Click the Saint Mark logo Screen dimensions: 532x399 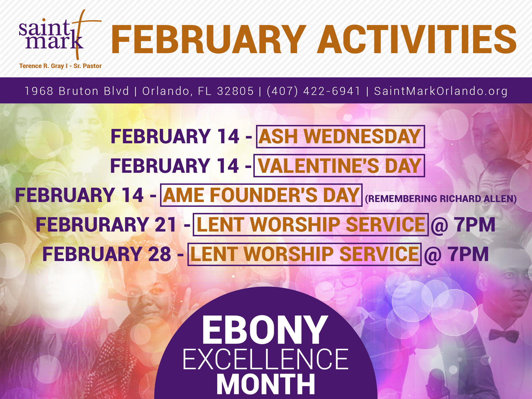point(60,35)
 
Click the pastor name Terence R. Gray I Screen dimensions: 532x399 point(43,66)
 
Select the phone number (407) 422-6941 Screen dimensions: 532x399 point(314,91)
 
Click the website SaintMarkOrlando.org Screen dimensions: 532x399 point(441,91)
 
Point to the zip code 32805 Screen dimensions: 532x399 point(235,91)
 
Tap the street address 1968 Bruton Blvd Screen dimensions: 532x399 point(77,91)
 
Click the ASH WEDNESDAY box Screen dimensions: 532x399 point(340,137)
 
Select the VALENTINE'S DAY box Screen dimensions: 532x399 point(339,166)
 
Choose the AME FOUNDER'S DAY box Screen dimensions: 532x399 point(261,195)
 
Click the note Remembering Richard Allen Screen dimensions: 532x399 point(441,199)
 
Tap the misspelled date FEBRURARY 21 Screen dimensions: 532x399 point(106,225)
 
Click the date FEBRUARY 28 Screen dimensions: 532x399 point(107,254)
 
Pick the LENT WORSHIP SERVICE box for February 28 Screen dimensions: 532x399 point(304,254)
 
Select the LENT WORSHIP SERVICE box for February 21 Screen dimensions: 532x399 point(311,225)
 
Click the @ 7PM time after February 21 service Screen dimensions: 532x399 point(463,225)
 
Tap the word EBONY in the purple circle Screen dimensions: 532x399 point(265,330)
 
